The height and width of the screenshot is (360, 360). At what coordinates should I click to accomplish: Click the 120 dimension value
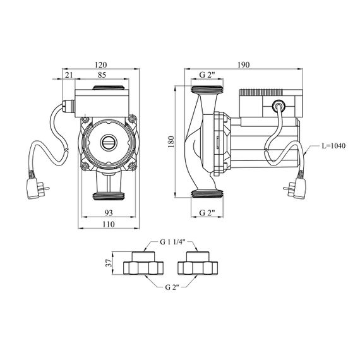click(x=101, y=65)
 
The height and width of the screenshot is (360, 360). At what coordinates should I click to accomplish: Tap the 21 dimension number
click(x=69, y=75)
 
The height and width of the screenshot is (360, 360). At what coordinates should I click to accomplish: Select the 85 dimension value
click(x=102, y=75)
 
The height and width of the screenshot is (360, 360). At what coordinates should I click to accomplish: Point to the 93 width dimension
click(x=109, y=213)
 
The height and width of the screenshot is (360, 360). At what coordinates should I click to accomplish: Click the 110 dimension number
click(x=109, y=224)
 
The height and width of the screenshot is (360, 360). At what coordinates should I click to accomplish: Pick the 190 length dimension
click(x=243, y=65)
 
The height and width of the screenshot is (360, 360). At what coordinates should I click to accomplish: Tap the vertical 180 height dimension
click(x=171, y=141)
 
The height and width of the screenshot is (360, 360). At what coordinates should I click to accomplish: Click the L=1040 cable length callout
click(x=333, y=146)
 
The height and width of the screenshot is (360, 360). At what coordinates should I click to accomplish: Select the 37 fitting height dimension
click(x=109, y=263)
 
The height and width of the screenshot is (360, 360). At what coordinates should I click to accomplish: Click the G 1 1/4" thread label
click(x=172, y=243)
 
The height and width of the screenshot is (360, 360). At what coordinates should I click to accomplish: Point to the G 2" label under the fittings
click(x=172, y=287)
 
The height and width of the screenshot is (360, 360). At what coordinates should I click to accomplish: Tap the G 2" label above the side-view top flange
click(x=207, y=75)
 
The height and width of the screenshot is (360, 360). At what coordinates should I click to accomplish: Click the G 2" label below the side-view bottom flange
click(x=207, y=213)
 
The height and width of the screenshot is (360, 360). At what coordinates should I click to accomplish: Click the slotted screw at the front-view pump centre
click(x=109, y=142)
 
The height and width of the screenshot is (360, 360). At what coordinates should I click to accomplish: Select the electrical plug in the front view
click(x=37, y=187)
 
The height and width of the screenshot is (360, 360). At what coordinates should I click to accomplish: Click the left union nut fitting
click(x=143, y=263)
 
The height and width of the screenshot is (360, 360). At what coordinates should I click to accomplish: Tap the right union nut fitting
click(x=198, y=263)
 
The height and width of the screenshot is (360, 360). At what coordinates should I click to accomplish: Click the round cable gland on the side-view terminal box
click(x=279, y=106)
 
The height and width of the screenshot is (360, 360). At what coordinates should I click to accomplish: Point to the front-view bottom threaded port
click(x=109, y=196)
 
